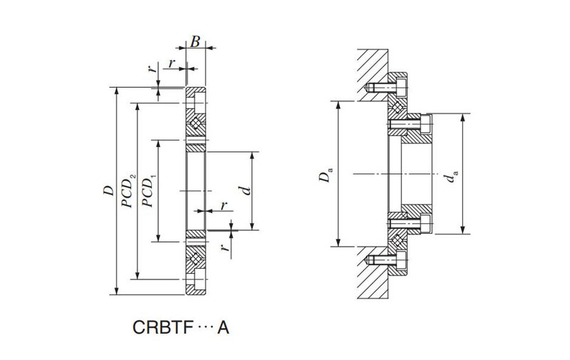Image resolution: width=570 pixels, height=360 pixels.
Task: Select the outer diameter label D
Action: click(108, 190)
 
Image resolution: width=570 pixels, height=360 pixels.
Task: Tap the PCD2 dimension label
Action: click(128, 190)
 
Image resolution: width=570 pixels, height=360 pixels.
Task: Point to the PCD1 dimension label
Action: click(148, 190)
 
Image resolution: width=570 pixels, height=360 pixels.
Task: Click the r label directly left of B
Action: click(171, 63)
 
